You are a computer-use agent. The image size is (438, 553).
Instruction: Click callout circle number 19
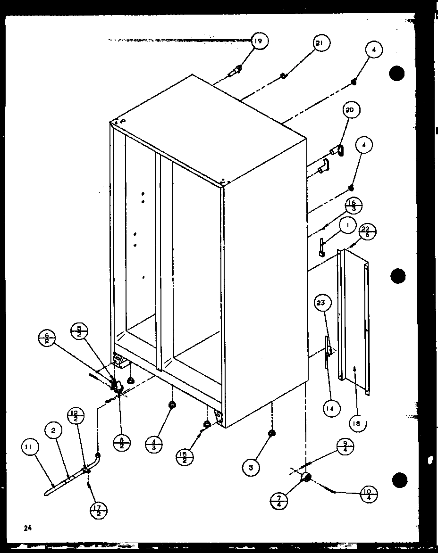tap(258, 41)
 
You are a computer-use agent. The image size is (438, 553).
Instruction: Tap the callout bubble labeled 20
tap(350, 110)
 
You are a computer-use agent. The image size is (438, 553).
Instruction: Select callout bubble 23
tap(321, 304)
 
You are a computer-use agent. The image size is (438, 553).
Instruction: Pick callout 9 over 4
tap(346, 446)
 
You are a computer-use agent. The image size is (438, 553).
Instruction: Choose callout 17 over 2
tap(98, 511)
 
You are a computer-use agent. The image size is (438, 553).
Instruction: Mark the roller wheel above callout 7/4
tap(306, 478)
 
